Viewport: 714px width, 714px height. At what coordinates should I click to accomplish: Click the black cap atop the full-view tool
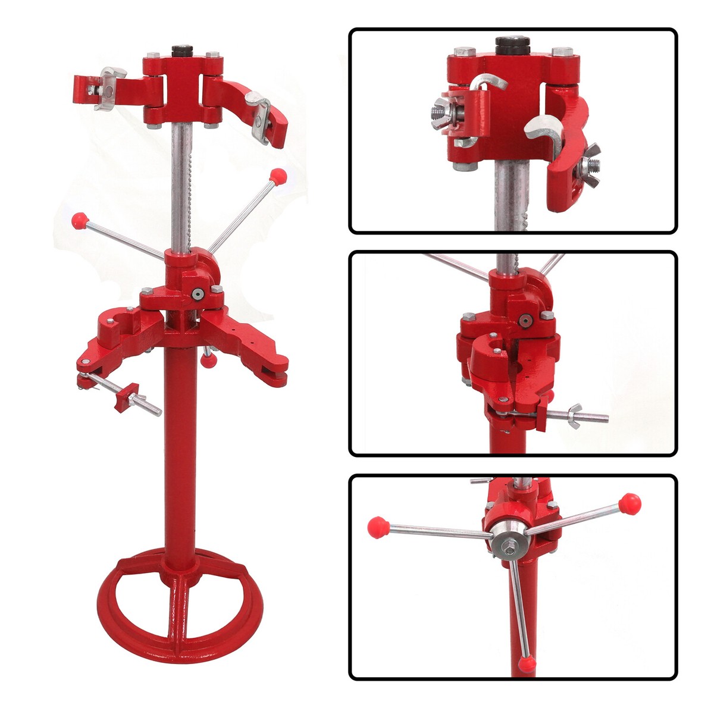[x=180, y=50]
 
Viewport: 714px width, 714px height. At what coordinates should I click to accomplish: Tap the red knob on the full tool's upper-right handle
[x=276, y=176]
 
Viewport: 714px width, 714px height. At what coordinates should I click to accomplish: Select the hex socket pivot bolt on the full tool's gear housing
[x=196, y=293]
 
